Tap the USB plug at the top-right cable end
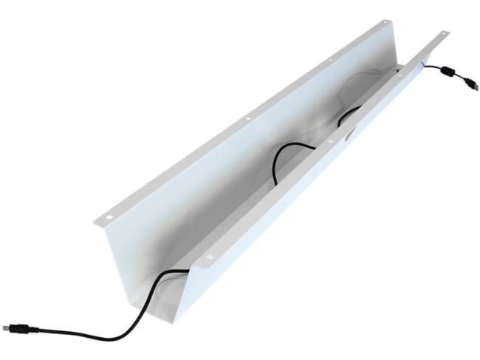pyautogui.click(x=470, y=86)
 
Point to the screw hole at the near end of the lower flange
pyautogui.click(x=209, y=257)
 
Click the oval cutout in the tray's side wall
pyautogui.click(x=348, y=137)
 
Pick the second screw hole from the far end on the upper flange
pyautogui.click(x=331, y=58)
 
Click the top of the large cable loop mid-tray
pyautogui.click(x=287, y=145)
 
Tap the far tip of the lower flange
pyautogui.click(x=448, y=31)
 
